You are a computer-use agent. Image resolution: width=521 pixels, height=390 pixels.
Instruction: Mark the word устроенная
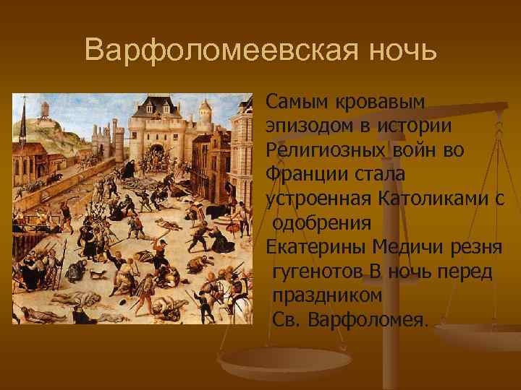tap(319, 199)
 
